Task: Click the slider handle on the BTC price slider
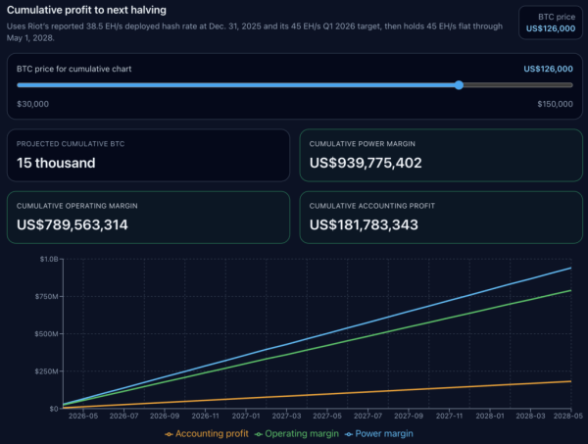[459, 85]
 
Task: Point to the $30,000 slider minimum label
[33, 103]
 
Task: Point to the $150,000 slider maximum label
[555, 103]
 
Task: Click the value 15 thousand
[56, 163]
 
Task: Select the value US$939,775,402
[366, 163]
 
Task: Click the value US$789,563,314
[73, 224]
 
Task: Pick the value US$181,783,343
[364, 224]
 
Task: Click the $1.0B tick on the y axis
[47, 259]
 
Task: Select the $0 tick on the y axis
[52, 408]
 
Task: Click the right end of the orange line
[571, 381]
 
